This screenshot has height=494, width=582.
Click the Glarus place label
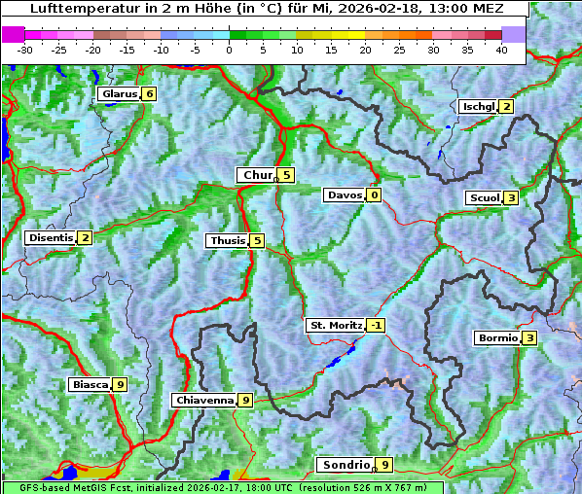[x=118, y=94]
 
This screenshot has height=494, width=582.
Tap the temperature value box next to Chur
[x=287, y=175]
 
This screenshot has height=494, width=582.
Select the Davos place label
[x=345, y=195]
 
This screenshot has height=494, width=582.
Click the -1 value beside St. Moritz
[x=376, y=326]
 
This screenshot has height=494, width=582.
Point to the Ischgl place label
[x=478, y=107]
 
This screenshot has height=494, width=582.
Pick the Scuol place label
[x=484, y=198]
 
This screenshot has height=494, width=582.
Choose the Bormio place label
[x=497, y=338]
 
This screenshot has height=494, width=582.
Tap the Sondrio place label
[x=346, y=465]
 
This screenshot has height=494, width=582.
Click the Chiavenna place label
[x=203, y=400]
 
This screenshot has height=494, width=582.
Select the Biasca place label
[x=90, y=385]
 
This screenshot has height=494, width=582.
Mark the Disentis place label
[x=51, y=237]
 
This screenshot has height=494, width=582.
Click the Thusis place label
[x=227, y=240]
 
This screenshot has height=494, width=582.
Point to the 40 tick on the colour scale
[x=501, y=49]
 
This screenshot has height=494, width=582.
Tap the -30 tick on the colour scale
[x=25, y=49]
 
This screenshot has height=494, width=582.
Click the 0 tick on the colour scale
[x=229, y=49]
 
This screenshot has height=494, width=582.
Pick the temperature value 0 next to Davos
[x=373, y=195]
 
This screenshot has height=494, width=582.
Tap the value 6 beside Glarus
[x=149, y=94]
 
